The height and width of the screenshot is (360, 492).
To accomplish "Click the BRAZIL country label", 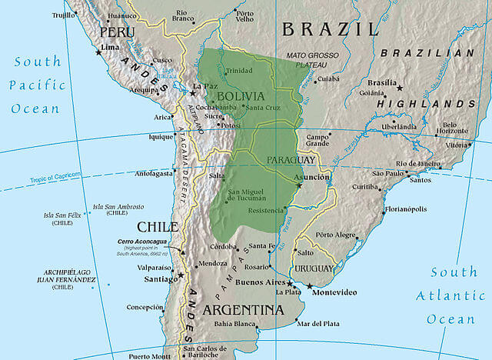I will (331, 29).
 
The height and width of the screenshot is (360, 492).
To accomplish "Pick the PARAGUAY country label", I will (291, 159).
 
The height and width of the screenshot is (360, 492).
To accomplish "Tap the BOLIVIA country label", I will (241, 97).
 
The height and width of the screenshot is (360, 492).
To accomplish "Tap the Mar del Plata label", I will (318, 323).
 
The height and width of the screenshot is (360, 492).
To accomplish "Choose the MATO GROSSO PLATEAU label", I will (313, 61).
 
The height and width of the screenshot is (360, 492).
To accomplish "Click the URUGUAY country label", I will (314, 268).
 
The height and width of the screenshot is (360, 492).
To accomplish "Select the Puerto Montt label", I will (150, 356).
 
